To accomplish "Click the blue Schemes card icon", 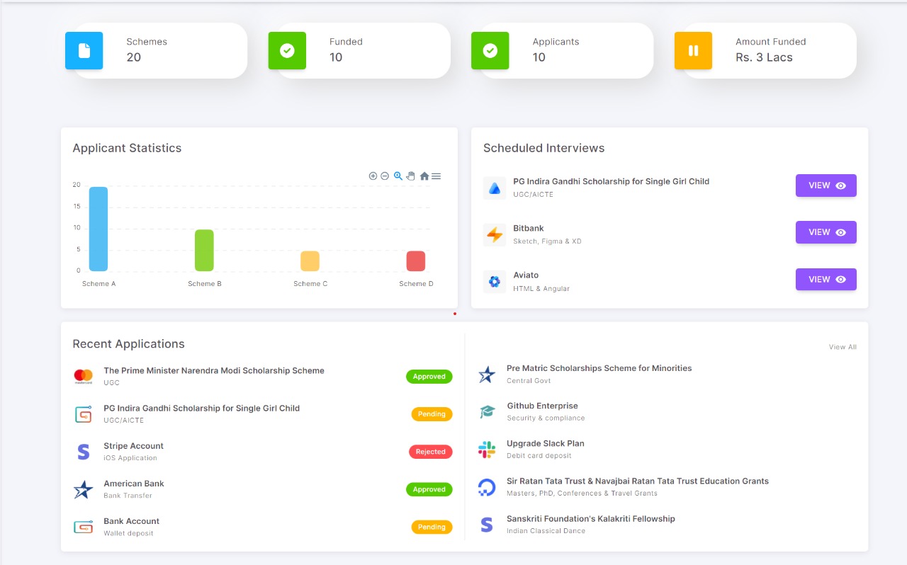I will point(84,50).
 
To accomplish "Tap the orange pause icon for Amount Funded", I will point(693,50).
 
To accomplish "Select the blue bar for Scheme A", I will point(98,229).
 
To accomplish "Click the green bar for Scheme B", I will point(204,250).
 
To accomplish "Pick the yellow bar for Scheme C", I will point(310,261).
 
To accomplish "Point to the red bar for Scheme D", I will point(416,261).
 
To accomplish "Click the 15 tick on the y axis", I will point(77,206).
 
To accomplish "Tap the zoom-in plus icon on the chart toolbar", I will point(373,176).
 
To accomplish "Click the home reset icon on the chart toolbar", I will point(424,176).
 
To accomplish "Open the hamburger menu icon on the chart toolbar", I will point(436,176).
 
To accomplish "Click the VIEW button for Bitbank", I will point(826,232).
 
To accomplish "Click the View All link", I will point(843,347).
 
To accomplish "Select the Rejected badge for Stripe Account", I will point(430,452).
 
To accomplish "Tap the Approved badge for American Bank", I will point(429,489).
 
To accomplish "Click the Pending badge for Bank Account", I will point(432,527).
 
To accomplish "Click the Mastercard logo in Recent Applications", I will point(84,376).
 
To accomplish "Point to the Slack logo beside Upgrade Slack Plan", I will point(487,449).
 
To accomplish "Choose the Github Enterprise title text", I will point(542,406).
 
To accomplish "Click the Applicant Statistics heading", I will point(127,148).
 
